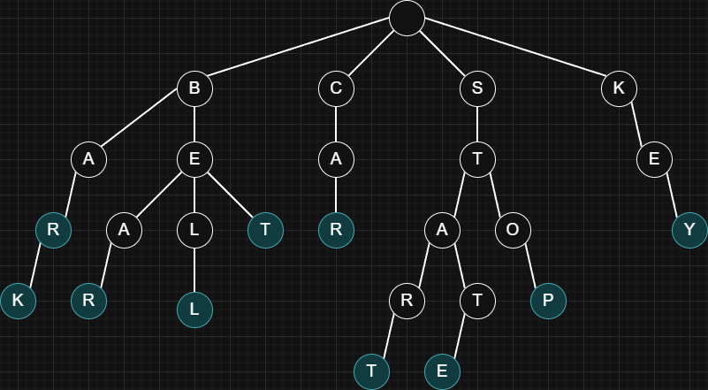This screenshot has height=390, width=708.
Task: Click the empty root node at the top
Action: [x=407, y=18]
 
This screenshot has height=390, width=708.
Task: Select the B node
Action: [x=194, y=88]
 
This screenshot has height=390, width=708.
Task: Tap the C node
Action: [x=336, y=88]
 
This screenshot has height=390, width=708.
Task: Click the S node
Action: [x=477, y=88]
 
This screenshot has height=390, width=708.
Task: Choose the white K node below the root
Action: [x=619, y=88]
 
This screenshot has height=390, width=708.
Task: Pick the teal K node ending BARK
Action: [x=18, y=301]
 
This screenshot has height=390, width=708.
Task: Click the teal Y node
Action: [x=689, y=230]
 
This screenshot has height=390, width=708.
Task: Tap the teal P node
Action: [x=548, y=301]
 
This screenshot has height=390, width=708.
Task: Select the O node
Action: [x=513, y=230]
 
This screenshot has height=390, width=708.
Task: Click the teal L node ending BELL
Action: [x=194, y=310]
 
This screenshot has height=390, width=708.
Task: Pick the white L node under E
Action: [x=194, y=230]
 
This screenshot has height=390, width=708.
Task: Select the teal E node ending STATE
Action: [x=442, y=371]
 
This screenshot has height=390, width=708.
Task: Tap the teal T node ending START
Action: [x=371, y=371]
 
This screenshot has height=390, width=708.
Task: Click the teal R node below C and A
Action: [x=336, y=230]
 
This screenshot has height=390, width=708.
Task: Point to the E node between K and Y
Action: [x=654, y=159]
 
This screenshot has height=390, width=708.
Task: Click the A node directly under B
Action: [x=88, y=159]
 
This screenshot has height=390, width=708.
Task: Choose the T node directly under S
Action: [x=477, y=159]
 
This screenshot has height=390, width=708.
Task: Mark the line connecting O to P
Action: [x=530, y=265]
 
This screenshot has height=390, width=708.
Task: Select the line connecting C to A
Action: [x=336, y=124]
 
